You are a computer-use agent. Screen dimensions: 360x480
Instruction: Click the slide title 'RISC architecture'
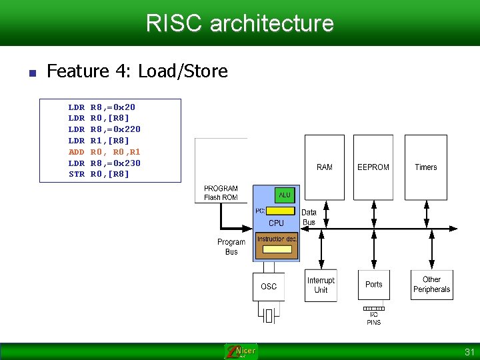(x=240, y=23)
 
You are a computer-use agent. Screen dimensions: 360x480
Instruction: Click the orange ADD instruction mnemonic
(x=77, y=152)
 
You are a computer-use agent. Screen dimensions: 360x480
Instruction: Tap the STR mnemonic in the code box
(x=77, y=174)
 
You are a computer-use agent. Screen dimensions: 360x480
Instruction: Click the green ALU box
(x=285, y=195)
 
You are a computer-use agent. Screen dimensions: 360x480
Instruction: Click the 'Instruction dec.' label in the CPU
(x=277, y=239)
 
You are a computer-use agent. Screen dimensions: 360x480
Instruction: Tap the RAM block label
(x=324, y=167)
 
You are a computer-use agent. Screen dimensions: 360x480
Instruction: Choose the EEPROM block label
(x=373, y=167)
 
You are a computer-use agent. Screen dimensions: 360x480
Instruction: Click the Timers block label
(x=425, y=167)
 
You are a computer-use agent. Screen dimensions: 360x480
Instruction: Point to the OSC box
(x=269, y=287)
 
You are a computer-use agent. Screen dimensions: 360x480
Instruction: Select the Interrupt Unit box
(x=321, y=285)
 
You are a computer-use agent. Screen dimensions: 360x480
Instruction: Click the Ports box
(x=374, y=285)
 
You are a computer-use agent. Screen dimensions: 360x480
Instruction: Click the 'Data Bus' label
(x=309, y=217)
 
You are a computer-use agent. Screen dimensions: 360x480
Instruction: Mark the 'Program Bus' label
(x=231, y=247)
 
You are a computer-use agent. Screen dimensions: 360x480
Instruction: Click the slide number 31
(x=468, y=351)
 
